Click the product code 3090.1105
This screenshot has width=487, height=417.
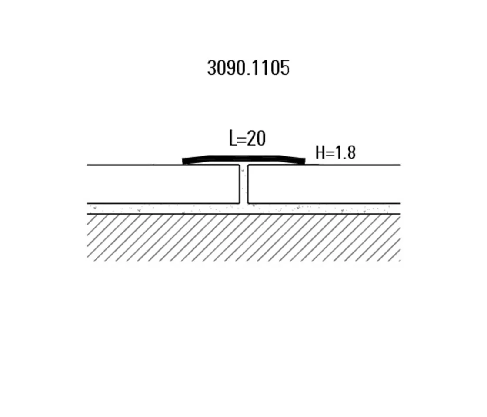248,68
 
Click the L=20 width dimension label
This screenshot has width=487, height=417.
247,139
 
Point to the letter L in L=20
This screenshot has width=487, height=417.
232,139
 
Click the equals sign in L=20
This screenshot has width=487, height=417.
242,139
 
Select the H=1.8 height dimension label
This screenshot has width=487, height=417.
335,153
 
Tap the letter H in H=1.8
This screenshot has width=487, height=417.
320,153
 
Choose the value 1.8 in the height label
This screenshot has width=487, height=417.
347,153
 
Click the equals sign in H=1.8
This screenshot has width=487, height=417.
330,153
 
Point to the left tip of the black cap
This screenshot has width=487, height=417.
184,161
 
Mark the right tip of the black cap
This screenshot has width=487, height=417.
304,161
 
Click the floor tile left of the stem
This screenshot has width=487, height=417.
163,184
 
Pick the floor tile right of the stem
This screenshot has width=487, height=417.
324,184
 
